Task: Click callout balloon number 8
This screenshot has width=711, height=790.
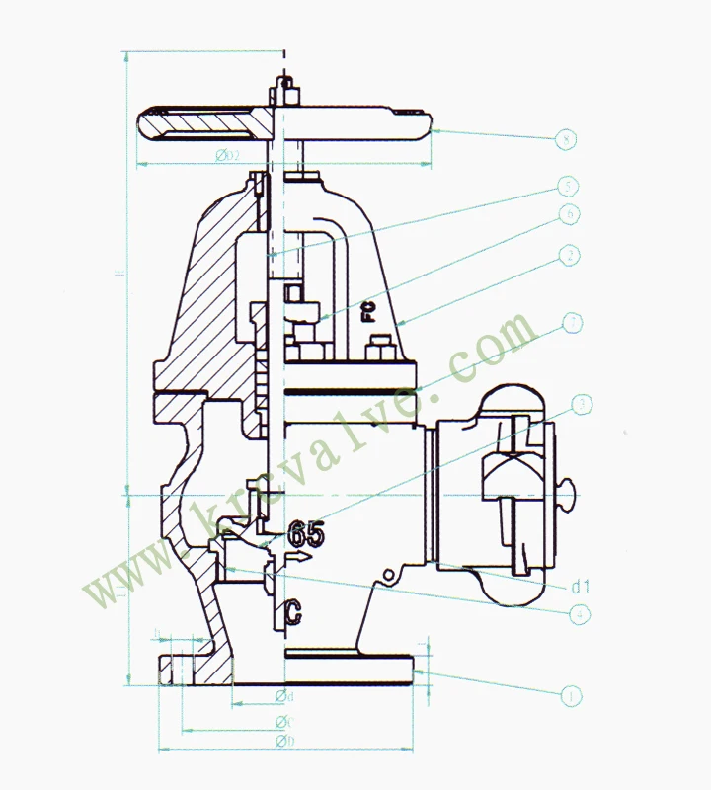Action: point(565,139)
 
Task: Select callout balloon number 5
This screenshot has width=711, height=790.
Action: point(568,186)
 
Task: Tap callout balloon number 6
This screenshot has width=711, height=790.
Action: point(568,213)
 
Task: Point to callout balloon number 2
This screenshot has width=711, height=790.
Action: point(568,257)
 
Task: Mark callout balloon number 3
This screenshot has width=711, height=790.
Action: point(583,404)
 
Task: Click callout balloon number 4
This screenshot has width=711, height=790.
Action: point(583,613)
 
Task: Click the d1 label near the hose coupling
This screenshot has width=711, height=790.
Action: point(581,587)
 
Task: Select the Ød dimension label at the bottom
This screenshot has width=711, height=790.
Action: point(285,697)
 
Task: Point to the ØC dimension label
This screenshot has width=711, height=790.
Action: point(285,719)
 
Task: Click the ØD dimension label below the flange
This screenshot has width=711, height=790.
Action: point(285,741)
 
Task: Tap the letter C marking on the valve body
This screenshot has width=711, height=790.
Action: point(293,612)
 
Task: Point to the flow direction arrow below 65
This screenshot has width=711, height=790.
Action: point(299,558)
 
